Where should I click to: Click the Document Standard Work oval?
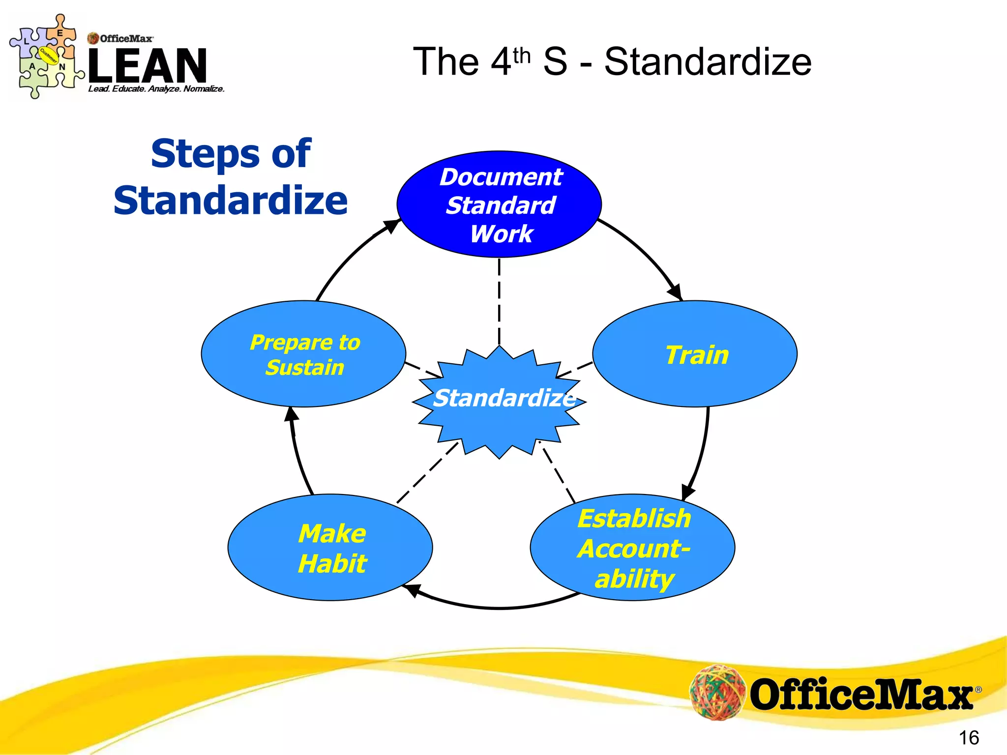(x=499, y=204)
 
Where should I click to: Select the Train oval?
(x=695, y=354)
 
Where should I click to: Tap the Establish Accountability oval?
(x=633, y=548)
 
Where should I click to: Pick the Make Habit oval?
(x=330, y=548)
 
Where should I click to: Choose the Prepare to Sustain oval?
(x=303, y=354)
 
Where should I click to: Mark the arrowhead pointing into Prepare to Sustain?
(x=292, y=415)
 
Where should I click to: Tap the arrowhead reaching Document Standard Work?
(x=392, y=226)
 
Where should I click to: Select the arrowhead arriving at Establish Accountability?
(x=688, y=492)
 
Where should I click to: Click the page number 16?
(x=969, y=738)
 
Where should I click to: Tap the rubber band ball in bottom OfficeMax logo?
(x=717, y=692)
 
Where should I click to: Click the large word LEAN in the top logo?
(x=148, y=65)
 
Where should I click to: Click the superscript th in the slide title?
(x=522, y=57)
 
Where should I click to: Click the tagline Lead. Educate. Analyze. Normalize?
(x=156, y=89)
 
